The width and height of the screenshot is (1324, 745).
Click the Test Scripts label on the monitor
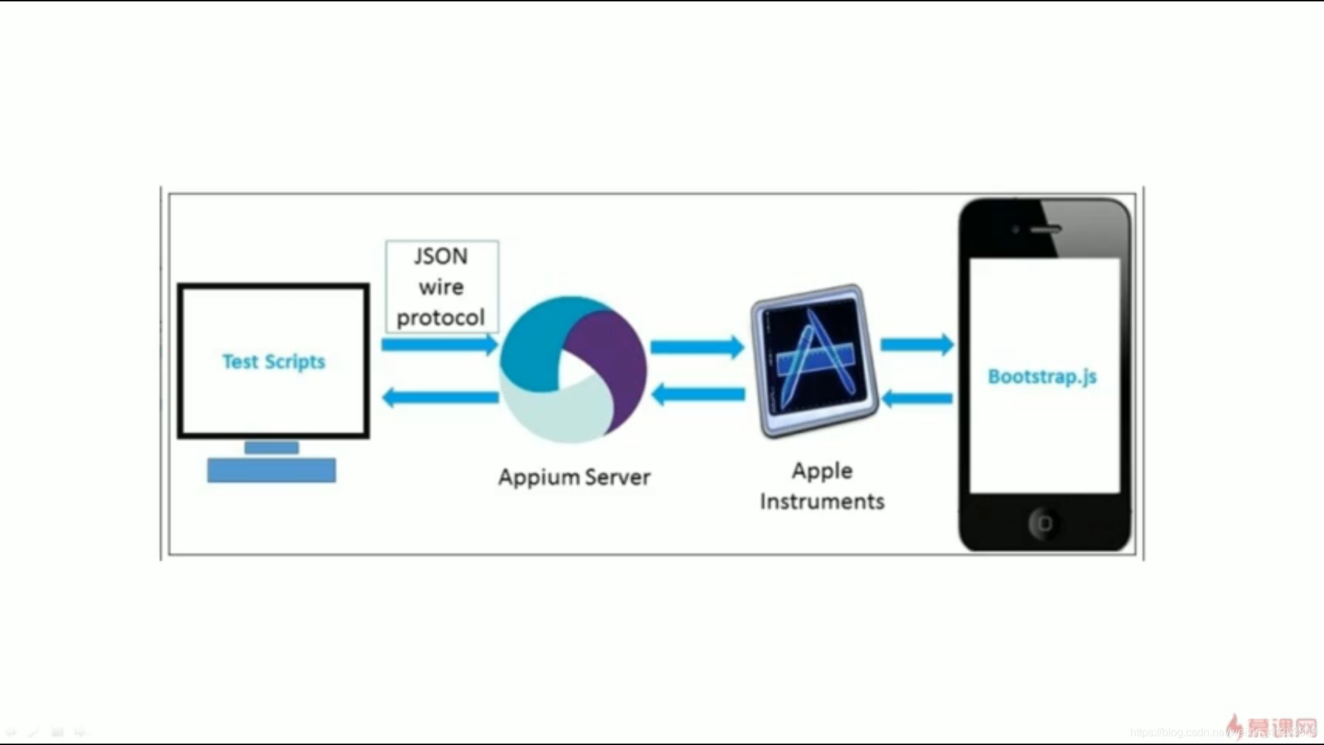273,361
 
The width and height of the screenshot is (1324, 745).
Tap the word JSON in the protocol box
441,257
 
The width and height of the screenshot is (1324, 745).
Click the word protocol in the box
441,318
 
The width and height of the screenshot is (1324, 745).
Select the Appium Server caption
574,477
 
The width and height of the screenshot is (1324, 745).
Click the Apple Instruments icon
814,361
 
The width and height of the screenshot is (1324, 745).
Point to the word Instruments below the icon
822,501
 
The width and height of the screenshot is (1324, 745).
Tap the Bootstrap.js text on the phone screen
1042,377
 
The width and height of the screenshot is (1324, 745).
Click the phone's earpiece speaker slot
1046,230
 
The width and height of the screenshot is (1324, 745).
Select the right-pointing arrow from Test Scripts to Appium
440,344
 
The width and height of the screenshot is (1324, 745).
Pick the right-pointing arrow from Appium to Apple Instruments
697,346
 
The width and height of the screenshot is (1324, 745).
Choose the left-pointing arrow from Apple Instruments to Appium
697,395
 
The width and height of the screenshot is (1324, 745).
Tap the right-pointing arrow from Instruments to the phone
917,344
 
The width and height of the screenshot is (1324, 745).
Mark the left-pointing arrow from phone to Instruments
917,398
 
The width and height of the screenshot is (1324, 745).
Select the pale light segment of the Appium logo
552,410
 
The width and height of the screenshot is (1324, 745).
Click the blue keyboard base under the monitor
272,470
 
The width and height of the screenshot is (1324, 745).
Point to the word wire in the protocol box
441,287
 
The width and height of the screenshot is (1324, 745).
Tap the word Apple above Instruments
822,471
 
